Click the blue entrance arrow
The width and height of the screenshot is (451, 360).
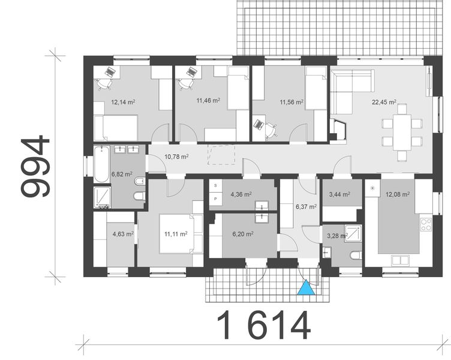[x=306, y=289]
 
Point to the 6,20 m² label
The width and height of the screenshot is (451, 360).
[x=240, y=235]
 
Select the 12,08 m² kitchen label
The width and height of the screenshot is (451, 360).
[x=398, y=194]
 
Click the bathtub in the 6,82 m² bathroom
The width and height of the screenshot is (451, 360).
[x=100, y=164]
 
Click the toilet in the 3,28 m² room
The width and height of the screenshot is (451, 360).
[x=355, y=256]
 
